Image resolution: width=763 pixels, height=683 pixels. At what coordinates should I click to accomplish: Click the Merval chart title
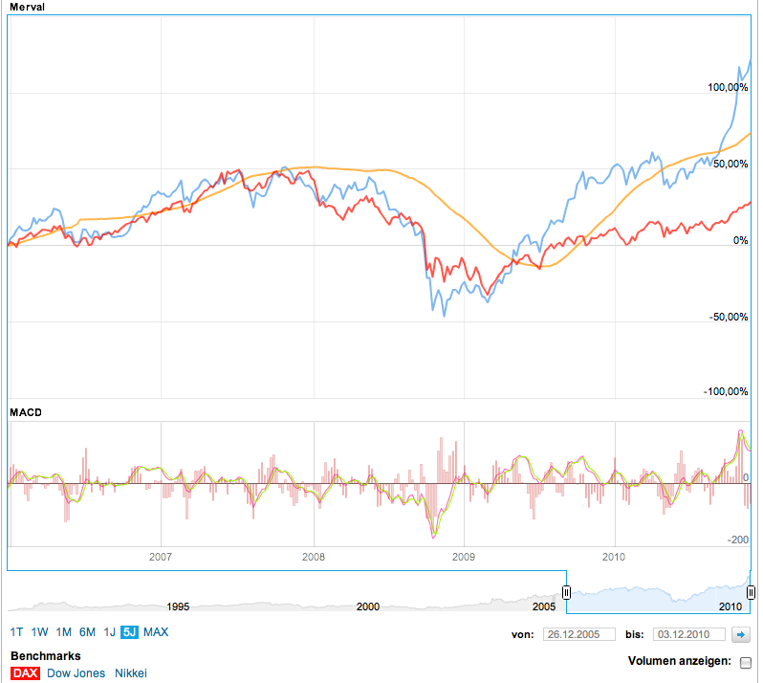point(27,7)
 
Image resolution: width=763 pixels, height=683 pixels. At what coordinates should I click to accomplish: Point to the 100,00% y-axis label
point(728,87)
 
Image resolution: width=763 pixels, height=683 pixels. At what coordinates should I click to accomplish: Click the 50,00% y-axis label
point(730,164)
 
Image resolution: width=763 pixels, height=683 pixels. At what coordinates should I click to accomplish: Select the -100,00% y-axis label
point(726,392)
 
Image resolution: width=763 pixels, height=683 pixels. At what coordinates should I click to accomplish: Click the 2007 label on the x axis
point(161,556)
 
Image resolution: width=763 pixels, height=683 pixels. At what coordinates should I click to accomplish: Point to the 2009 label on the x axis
point(463,556)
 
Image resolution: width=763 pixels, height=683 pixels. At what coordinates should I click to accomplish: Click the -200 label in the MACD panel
point(737,540)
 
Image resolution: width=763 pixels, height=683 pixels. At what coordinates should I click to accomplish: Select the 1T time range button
point(17,631)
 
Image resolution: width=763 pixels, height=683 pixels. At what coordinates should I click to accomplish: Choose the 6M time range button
point(87,631)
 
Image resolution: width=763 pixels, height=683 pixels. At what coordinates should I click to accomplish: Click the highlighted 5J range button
point(129,631)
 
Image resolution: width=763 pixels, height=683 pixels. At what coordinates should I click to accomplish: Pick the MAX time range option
point(156,631)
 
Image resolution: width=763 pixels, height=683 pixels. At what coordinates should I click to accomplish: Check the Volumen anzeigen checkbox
point(746,662)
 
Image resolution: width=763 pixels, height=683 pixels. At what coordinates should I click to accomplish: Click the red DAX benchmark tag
point(25,673)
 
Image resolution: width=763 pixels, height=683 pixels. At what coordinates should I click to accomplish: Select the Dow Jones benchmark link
point(76,673)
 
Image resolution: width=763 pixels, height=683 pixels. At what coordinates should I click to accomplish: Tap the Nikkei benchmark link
point(131,673)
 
